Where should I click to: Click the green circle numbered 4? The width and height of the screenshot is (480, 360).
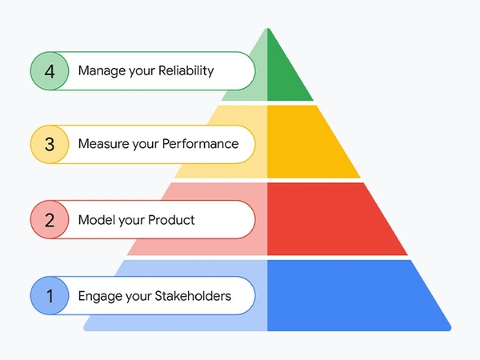click(x=50, y=71)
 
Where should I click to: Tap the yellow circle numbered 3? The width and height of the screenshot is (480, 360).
click(x=50, y=144)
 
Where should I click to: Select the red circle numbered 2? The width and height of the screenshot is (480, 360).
click(x=50, y=219)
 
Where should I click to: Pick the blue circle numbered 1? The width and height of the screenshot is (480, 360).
click(x=50, y=295)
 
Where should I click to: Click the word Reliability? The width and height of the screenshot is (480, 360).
click(x=186, y=71)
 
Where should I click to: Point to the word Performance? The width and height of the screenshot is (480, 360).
click(x=200, y=144)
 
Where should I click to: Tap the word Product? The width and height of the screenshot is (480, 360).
click(x=171, y=220)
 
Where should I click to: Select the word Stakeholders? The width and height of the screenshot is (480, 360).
click(x=193, y=296)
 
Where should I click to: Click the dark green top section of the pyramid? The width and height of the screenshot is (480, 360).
click(x=286, y=74)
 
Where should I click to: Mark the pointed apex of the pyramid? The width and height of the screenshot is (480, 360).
click(x=268, y=29)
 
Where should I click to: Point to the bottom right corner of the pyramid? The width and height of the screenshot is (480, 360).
click(x=450, y=330)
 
